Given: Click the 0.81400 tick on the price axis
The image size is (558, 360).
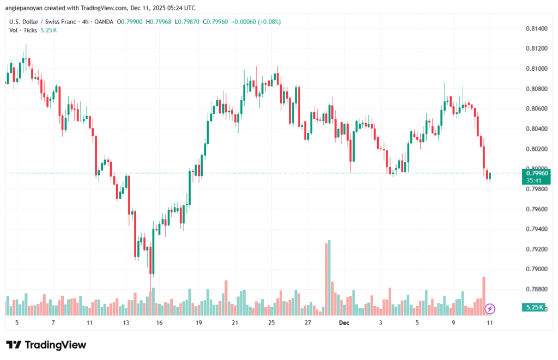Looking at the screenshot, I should point(536,28).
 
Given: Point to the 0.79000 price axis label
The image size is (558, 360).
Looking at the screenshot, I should point(536,269).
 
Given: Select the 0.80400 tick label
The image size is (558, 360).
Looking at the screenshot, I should point(536,129).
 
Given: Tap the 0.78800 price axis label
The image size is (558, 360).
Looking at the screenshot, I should point(536,289).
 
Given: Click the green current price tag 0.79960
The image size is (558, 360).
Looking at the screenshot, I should point(536,173).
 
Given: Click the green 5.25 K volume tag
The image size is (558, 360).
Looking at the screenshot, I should point(533,308).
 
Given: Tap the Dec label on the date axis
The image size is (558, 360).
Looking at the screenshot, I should point(344,322).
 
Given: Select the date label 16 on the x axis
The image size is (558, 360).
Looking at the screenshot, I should point(159,322).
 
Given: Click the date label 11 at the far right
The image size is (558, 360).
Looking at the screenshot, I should point(489,322).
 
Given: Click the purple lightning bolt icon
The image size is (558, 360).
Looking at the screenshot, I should point(489,309).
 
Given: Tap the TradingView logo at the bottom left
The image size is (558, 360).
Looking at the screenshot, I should point(46,345).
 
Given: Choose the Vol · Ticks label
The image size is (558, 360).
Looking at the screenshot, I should point(23,30).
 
